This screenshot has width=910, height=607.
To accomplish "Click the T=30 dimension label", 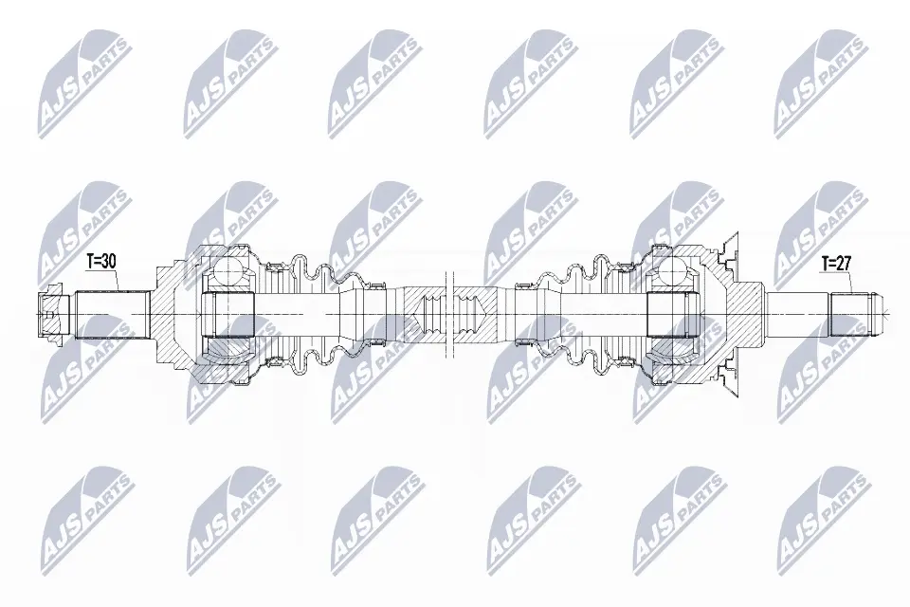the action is click(x=101, y=262).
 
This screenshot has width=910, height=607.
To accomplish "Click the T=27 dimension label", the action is click(x=836, y=263).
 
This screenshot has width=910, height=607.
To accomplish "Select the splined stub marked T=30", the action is click(x=110, y=314).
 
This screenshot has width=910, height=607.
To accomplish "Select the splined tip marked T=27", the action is click(x=857, y=315).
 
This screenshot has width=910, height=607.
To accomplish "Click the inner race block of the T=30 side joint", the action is click(x=228, y=314).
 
